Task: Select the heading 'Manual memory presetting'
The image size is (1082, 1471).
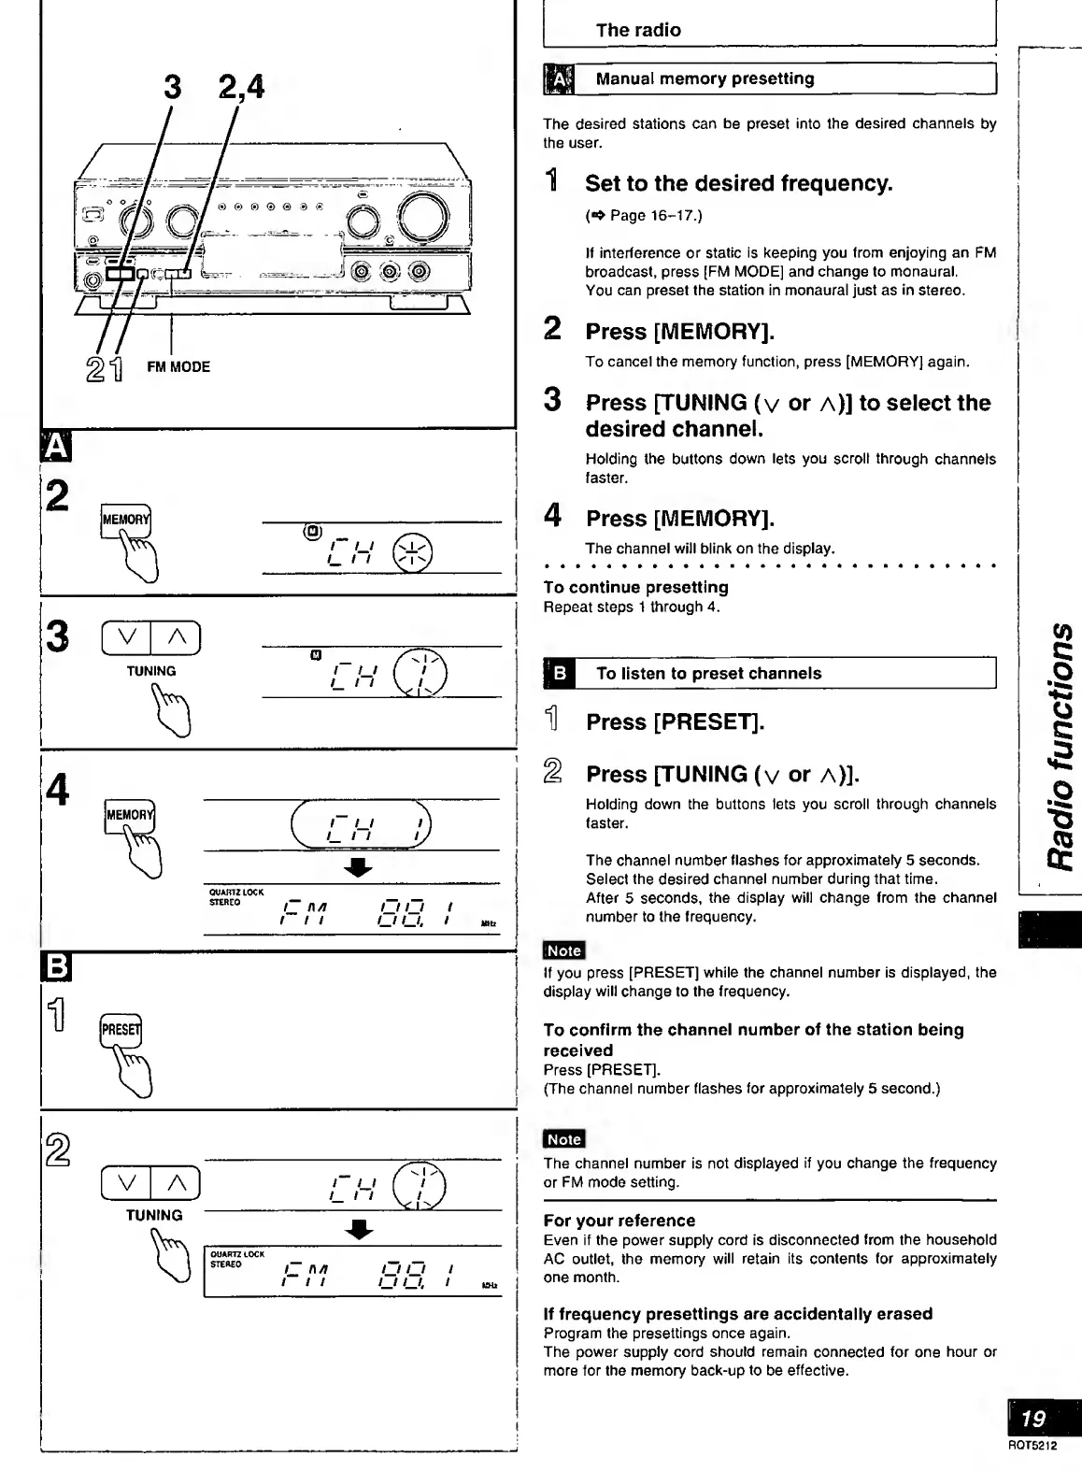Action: (x=705, y=79)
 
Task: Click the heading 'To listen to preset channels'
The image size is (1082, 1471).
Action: (x=708, y=673)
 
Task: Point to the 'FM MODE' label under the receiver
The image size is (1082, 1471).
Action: (x=178, y=367)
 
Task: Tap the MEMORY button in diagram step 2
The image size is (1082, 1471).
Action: (x=125, y=520)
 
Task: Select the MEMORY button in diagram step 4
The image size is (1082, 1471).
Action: (x=129, y=815)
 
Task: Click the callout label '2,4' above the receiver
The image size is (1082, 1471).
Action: (x=241, y=87)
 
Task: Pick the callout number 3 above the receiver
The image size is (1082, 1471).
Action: (x=173, y=87)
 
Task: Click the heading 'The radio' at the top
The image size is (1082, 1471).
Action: (x=638, y=30)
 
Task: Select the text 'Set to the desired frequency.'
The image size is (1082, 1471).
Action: (x=738, y=183)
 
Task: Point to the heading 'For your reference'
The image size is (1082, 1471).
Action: (x=619, y=1221)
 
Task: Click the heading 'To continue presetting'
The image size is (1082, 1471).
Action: (x=635, y=587)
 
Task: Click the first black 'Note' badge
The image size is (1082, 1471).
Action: (x=563, y=950)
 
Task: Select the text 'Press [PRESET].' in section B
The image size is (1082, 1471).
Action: (x=675, y=722)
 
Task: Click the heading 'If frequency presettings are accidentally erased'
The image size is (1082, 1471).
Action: (x=738, y=1313)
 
